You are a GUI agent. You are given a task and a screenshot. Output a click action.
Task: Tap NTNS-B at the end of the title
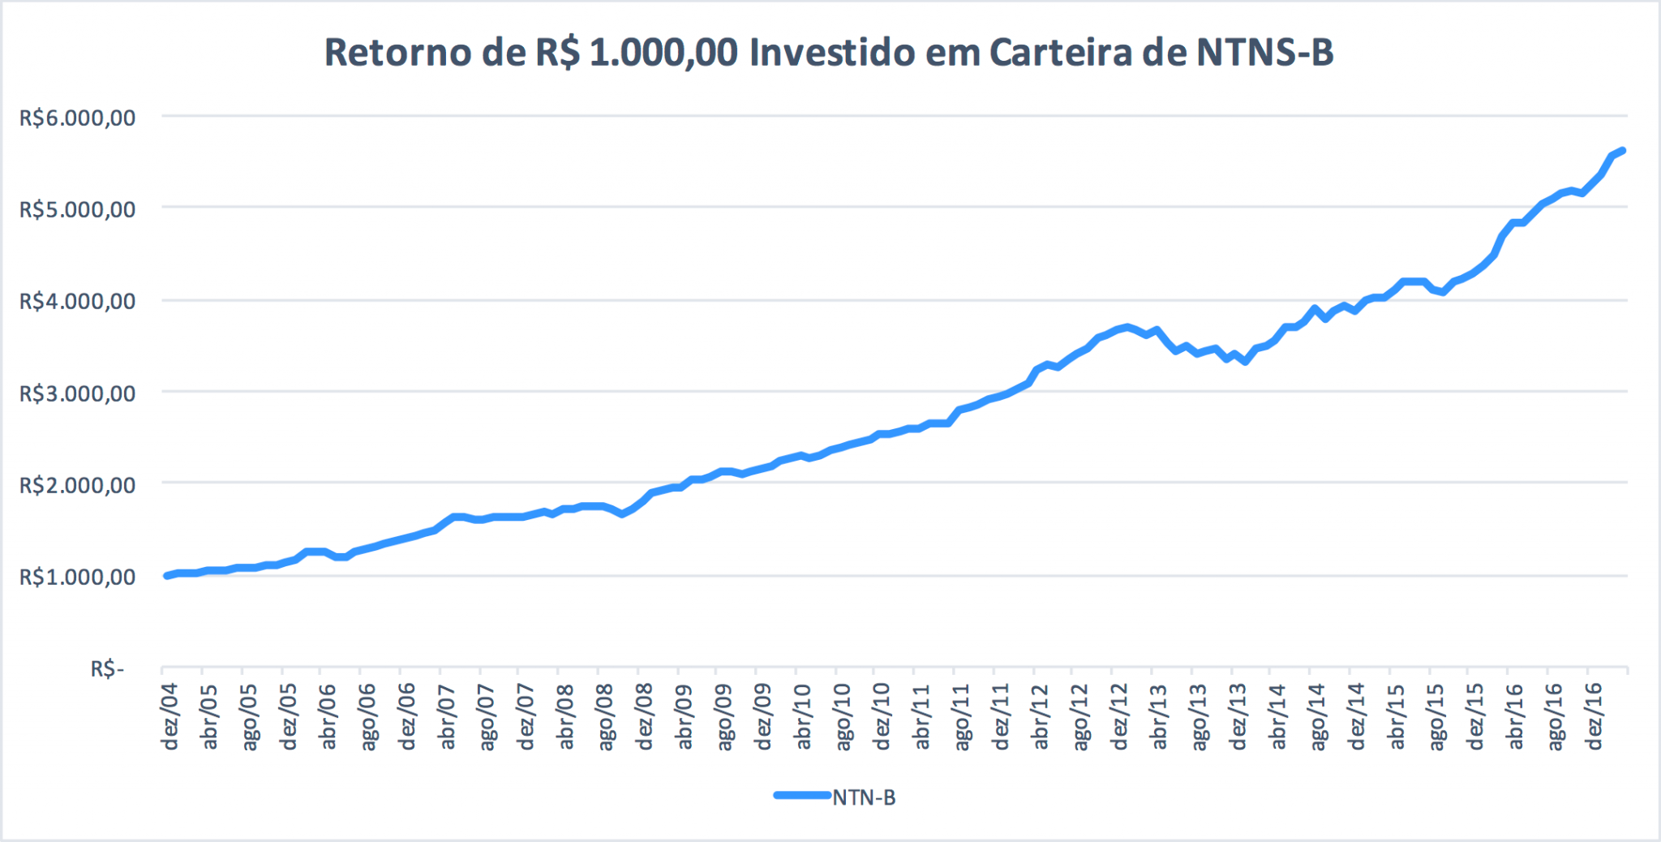point(1264,53)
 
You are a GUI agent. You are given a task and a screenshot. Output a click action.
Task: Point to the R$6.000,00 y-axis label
point(78,118)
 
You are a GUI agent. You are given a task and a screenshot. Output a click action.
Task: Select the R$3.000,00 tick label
point(78,394)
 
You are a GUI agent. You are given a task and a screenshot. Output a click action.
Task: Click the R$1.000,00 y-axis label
point(78,578)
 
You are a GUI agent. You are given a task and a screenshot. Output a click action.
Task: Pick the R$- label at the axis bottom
point(107,669)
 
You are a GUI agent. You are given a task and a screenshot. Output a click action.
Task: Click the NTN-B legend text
point(864,797)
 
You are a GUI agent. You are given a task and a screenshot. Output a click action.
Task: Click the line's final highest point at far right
point(1622,151)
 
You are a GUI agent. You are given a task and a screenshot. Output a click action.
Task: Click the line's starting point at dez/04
point(167,575)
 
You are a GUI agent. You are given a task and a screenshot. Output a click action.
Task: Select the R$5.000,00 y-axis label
point(78,210)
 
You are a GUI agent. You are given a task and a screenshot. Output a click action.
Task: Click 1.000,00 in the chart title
point(663,53)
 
